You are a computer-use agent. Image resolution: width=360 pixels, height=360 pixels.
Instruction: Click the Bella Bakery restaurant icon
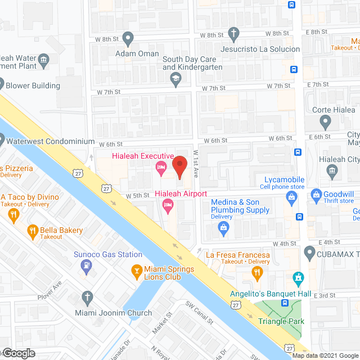[x=33, y=230]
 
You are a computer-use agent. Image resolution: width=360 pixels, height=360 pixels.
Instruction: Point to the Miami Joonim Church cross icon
[x=87, y=296]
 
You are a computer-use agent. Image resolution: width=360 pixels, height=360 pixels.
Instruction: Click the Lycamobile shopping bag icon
[x=291, y=196]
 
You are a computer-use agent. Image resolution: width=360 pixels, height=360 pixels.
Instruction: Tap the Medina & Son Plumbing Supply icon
[x=223, y=227]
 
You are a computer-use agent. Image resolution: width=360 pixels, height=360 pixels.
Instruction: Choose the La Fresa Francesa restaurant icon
[x=257, y=273]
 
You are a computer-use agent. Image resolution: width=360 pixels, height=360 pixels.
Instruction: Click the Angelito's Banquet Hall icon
[x=298, y=278]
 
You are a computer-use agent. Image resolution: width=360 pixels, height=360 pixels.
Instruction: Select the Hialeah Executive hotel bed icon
[x=160, y=167]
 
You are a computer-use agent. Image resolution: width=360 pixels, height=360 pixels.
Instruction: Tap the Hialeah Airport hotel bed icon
[x=168, y=205]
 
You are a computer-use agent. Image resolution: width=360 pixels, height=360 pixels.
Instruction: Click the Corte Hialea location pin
[x=325, y=120]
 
